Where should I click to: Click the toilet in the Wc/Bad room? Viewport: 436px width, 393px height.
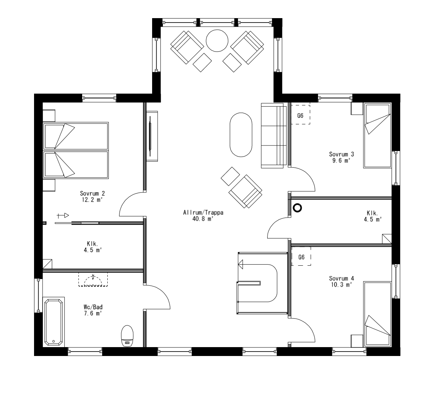point(127,336)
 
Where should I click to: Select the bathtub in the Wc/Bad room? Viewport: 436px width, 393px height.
point(54,322)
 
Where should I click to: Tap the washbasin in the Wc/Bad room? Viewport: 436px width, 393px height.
point(93,281)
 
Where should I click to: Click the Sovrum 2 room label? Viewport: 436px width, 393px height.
point(92,193)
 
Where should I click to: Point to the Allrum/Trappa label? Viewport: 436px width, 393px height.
point(198,213)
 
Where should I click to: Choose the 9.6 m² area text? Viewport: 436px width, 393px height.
point(341,160)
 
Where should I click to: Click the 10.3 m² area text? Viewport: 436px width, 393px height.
point(341,285)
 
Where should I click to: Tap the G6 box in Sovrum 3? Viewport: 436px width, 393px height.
point(300,115)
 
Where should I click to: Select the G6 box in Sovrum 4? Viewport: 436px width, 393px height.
point(301,256)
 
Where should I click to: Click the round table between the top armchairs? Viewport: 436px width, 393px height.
point(217,41)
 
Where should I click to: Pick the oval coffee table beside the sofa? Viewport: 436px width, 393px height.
point(241,135)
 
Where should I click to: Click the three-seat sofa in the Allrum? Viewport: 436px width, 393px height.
point(274,136)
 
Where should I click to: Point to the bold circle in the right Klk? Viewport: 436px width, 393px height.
point(297,208)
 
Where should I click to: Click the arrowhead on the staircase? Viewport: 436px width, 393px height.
point(241,264)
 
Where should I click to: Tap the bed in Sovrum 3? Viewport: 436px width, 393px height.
point(378,135)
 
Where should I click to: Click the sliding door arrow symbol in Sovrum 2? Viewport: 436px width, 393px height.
point(63,215)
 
